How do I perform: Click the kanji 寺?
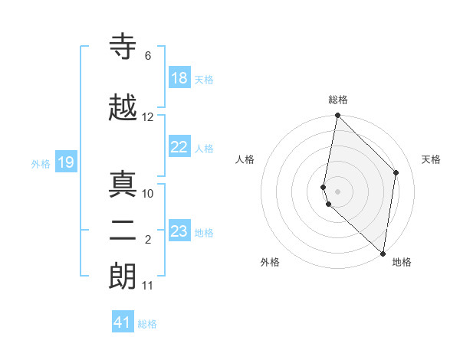click(123, 47)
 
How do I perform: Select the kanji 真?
click(123, 184)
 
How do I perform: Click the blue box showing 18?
click(179, 78)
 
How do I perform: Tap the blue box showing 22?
click(179, 147)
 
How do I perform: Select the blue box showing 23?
click(179, 231)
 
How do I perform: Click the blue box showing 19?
click(65, 162)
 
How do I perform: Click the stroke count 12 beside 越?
click(148, 117)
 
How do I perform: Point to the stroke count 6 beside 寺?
click(148, 56)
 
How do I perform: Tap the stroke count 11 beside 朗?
click(148, 286)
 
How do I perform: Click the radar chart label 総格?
click(338, 100)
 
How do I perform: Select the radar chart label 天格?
click(432, 159)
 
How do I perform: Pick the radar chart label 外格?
click(270, 262)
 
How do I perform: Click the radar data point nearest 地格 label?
click(383, 254)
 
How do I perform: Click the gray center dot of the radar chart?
click(338, 191)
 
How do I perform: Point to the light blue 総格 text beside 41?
click(147, 324)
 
